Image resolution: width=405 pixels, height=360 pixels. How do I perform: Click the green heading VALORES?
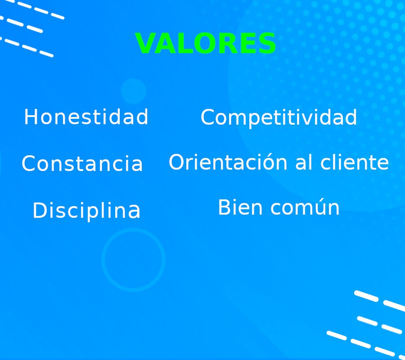point(206,44)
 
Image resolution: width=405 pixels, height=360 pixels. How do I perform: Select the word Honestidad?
point(86,117)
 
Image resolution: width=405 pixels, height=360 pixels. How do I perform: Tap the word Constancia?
point(82,164)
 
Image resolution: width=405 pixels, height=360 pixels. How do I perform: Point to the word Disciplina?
point(86,211)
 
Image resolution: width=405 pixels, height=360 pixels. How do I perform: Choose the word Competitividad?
point(279,118)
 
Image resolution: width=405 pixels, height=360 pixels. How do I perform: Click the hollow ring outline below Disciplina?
point(134,230)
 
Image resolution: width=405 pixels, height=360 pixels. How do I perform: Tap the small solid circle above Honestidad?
point(133,91)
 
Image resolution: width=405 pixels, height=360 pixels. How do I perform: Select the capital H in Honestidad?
point(30,117)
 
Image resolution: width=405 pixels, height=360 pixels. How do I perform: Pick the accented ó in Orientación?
point(269,162)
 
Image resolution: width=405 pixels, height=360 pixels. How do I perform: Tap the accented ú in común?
point(318,208)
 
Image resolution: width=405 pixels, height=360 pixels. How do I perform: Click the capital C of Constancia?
point(28,164)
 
